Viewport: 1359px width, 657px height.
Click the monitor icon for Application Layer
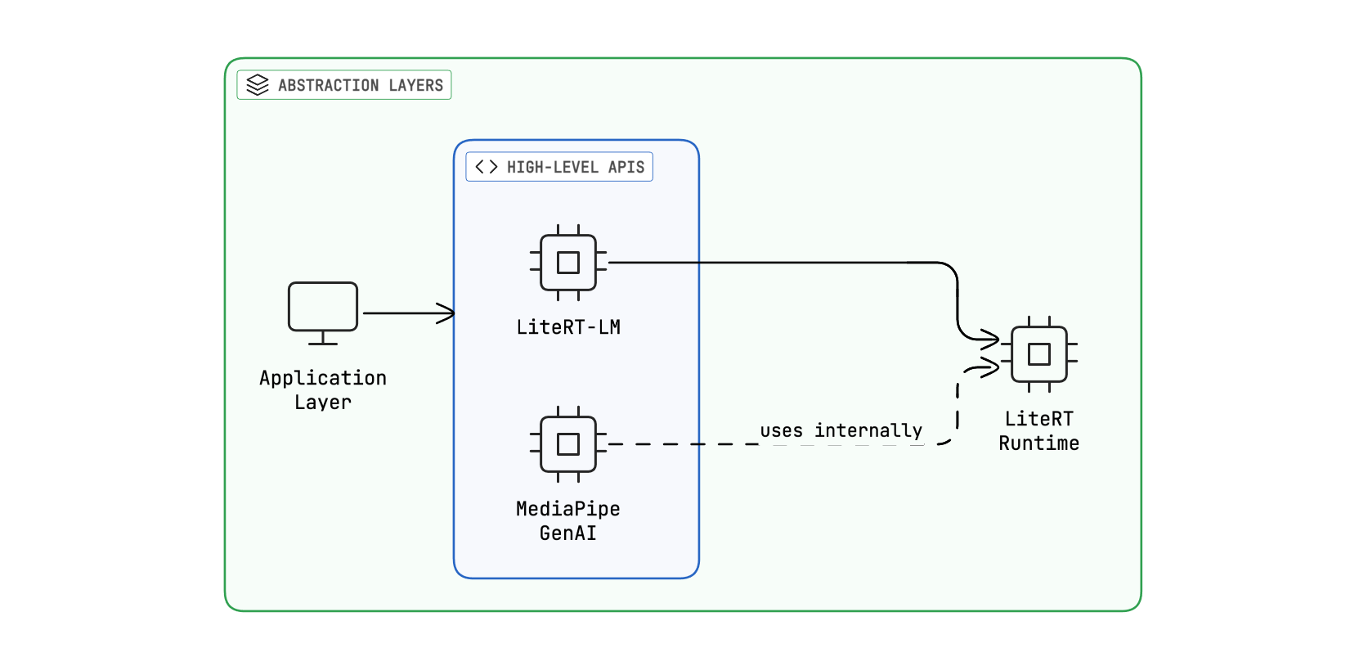point(323,307)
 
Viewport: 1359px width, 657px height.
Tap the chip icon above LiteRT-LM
point(568,263)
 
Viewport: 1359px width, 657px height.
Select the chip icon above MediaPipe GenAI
point(568,444)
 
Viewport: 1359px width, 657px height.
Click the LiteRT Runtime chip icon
point(1039,354)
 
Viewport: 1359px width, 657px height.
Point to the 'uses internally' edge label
point(841,430)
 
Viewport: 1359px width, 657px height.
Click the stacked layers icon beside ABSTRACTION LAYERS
point(258,85)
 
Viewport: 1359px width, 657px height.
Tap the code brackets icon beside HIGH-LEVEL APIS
point(487,167)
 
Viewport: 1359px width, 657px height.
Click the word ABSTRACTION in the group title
point(328,85)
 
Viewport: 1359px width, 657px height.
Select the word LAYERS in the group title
point(415,85)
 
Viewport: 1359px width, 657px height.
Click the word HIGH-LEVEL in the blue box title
point(552,167)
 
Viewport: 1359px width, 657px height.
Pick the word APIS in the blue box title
point(626,167)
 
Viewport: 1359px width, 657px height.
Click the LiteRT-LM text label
point(568,327)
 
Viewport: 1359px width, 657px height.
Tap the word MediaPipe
point(568,509)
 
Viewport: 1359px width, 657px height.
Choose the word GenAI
point(568,533)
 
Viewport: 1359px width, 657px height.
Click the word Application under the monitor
point(323,378)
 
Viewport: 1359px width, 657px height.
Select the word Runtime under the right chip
point(1039,443)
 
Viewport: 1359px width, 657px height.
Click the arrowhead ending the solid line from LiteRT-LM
point(992,338)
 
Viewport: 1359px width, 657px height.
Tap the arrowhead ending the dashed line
point(991,368)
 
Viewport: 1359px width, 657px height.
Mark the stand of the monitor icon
point(323,339)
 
